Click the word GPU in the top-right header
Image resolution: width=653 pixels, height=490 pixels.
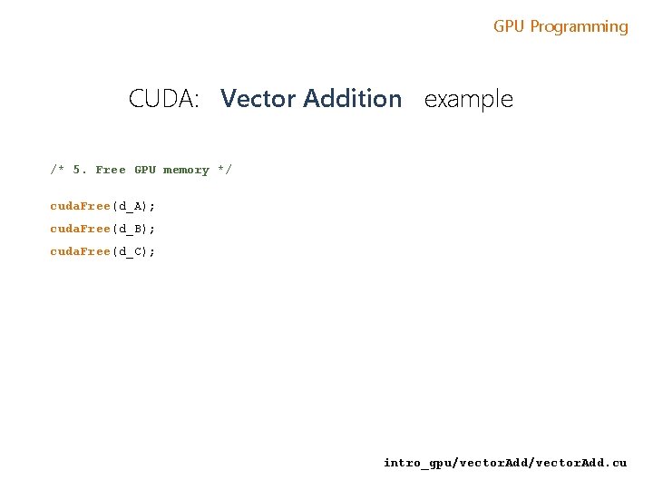tap(509, 26)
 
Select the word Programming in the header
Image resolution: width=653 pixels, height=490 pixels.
tap(579, 26)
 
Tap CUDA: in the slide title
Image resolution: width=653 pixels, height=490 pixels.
tap(164, 98)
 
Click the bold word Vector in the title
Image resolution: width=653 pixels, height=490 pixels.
tap(258, 98)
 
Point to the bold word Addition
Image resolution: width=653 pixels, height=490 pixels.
tap(352, 98)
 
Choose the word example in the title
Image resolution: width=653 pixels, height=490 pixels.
tap(468, 98)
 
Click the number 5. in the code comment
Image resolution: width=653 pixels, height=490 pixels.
tap(80, 170)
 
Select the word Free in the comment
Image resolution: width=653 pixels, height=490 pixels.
tap(111, 170)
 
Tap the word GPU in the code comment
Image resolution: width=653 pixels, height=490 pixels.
tap(145, 170)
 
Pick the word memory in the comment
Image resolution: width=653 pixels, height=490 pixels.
tap(186, 170)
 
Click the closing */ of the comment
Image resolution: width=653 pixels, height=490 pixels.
tap(224, 170)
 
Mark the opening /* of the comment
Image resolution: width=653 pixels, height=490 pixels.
tap(57, 170)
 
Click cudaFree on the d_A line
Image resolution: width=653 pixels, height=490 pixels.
tap(80, 206)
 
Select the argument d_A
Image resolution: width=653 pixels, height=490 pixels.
tap(130, 206)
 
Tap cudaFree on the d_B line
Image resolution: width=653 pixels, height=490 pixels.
tap(80, 229)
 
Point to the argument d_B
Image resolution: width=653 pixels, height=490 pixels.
tap(130, 229)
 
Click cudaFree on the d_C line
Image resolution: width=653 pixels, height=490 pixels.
tap(80, 251)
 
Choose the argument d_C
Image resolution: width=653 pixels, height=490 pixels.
tap(130, 251)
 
